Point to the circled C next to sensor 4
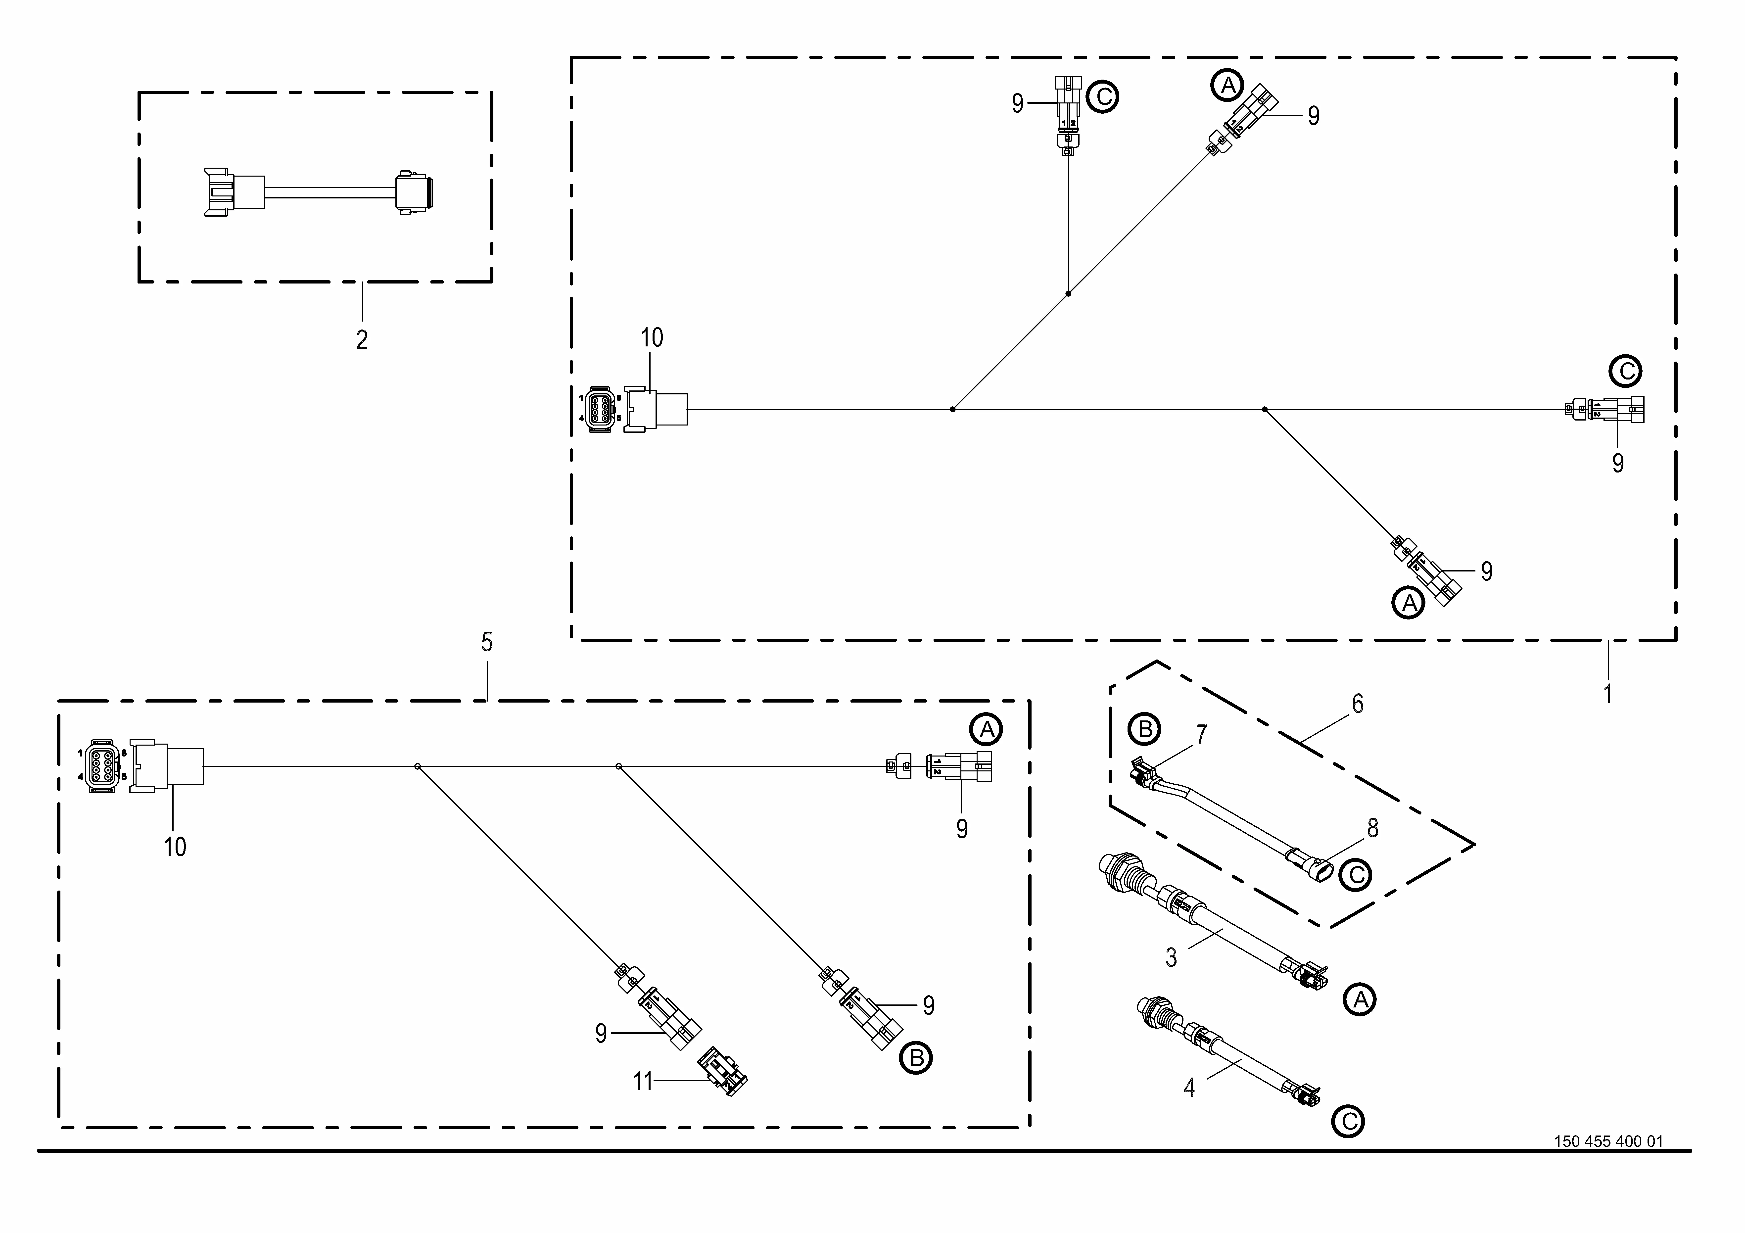click(1348, 1121)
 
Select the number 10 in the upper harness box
click(651, 337)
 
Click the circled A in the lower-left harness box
click(986, 731)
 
